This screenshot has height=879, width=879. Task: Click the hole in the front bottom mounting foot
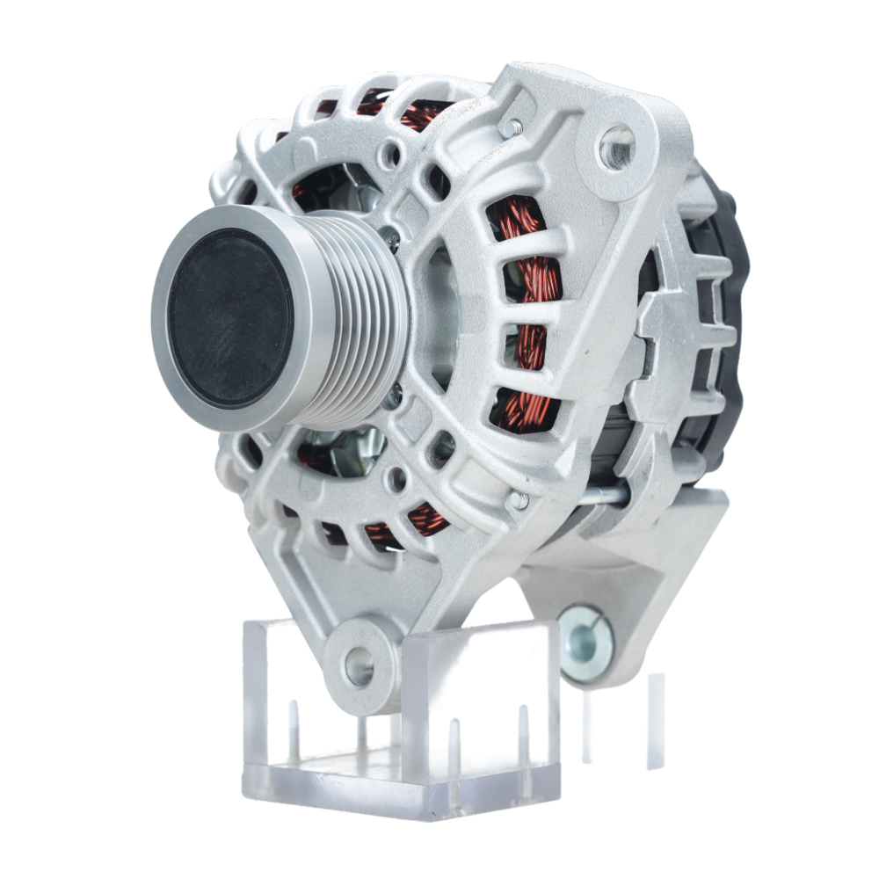click(359, 665)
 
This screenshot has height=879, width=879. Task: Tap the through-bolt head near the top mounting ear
click(512, 128)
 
